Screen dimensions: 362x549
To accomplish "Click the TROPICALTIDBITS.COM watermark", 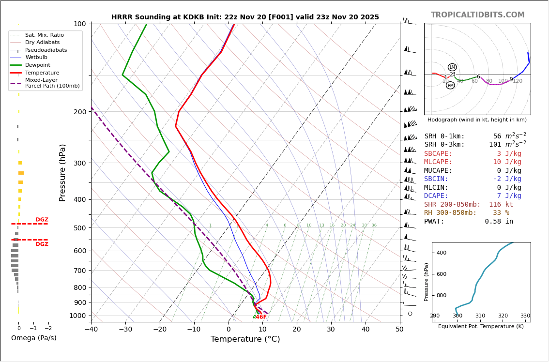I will (x=477, y=15).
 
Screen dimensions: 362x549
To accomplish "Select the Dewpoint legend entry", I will (x=37, y=65).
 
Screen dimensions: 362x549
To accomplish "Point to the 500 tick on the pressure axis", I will (x=79, y=228).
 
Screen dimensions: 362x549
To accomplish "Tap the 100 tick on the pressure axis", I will (x=79, y=24).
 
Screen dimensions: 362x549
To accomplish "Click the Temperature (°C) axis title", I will (x=245, y=339).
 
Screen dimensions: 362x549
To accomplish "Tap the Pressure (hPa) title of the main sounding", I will (x=63, y=172).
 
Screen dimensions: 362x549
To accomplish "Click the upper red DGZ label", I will (x=42, y=220).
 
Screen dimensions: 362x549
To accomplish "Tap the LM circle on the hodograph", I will (x=452, y=67).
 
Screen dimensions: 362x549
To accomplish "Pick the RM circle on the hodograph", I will (x=450, y=85).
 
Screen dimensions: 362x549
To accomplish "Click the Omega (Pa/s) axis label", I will (x=33, y=338).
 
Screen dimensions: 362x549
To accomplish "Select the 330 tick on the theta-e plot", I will (x=525, y=316).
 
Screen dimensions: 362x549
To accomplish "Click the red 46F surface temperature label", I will (x=261, y=317).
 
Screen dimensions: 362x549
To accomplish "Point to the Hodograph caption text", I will (x=477, y=120).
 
